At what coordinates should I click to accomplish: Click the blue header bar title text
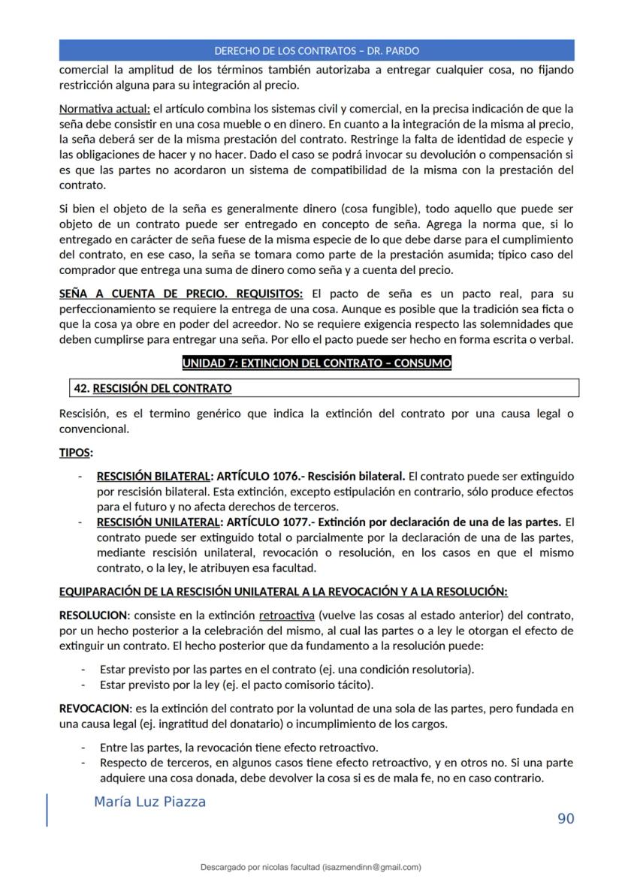coord(316,51)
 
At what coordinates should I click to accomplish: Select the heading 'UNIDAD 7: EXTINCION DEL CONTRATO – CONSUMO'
coord(316,364)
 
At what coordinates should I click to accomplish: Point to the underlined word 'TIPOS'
coord(75,453)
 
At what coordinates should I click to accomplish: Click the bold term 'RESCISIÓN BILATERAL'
coord(152,477)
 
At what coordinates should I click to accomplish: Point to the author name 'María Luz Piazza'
coord(149,802)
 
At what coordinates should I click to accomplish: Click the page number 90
coord(566,818)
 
